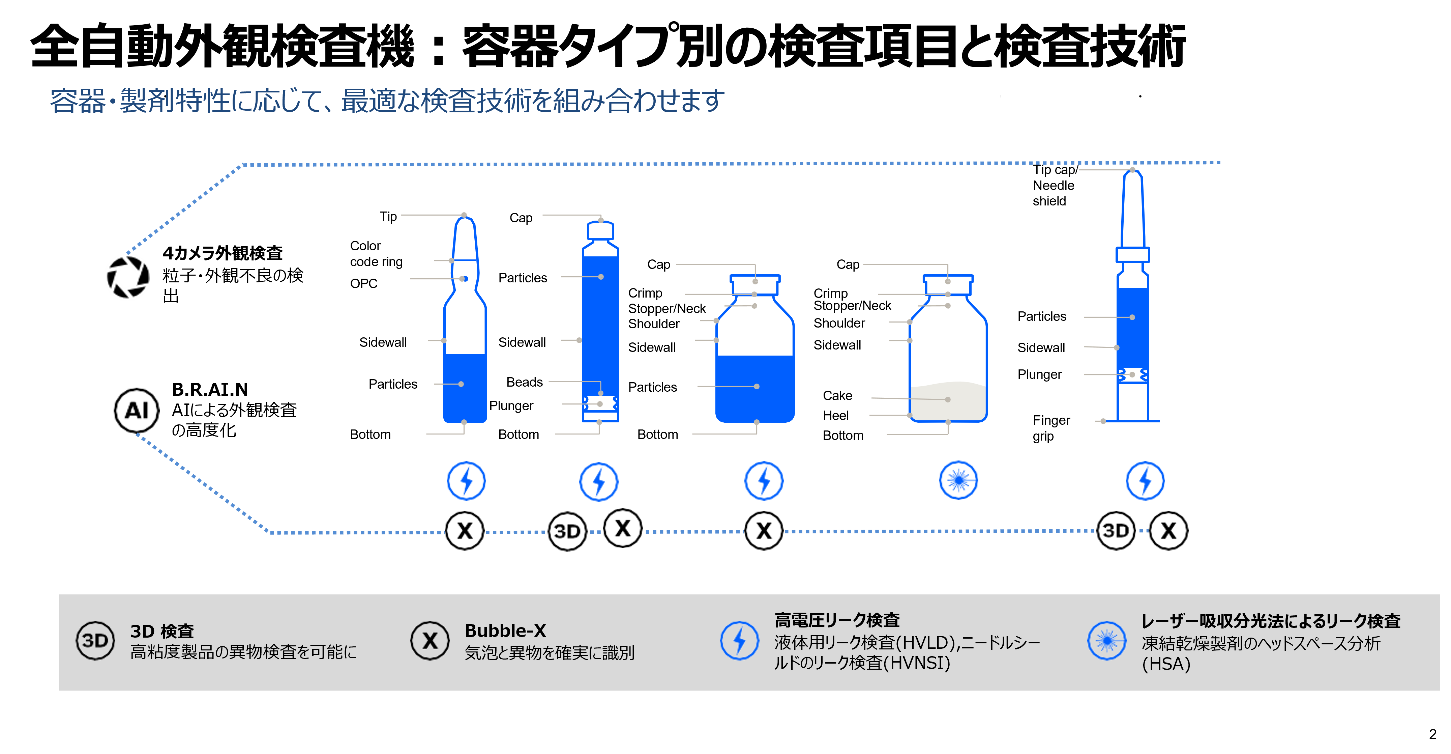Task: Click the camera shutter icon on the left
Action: coord(127,277)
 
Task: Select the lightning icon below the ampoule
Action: coord(466,481)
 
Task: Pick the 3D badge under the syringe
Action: coord(1115,531)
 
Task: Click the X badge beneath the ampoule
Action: coord(465,531)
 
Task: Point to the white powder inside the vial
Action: coord(948,401)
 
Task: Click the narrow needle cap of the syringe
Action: coord(1132,208)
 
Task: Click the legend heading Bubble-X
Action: coord(505,631)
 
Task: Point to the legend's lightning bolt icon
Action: coord(739,640)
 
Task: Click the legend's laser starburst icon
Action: coord(1107,641)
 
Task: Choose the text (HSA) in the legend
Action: coord(1166,664)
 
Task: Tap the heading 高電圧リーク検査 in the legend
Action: coord(837,620)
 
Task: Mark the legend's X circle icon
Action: coord(430,641)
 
